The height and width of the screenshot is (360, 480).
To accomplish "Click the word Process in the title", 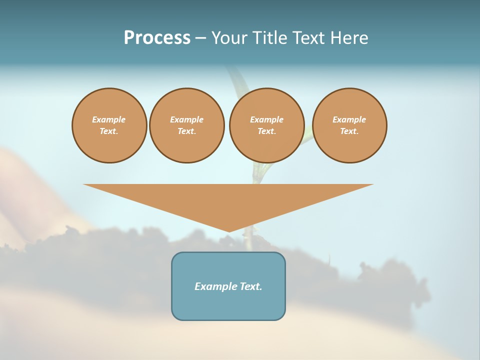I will (157, 38).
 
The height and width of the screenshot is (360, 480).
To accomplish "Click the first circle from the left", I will (109, 125).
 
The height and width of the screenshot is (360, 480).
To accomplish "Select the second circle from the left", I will (186, 125).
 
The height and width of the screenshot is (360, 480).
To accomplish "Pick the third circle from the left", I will (266, 125).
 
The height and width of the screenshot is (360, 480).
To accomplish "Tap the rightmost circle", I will (349, 125).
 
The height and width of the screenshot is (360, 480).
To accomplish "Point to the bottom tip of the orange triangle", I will (228, 231).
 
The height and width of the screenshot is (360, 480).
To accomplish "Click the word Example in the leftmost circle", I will (109, 119).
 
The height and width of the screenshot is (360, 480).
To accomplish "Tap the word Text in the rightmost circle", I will (349, 131).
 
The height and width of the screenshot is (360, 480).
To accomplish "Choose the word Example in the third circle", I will (266, 119).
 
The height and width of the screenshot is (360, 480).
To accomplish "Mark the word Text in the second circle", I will (186, 131).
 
